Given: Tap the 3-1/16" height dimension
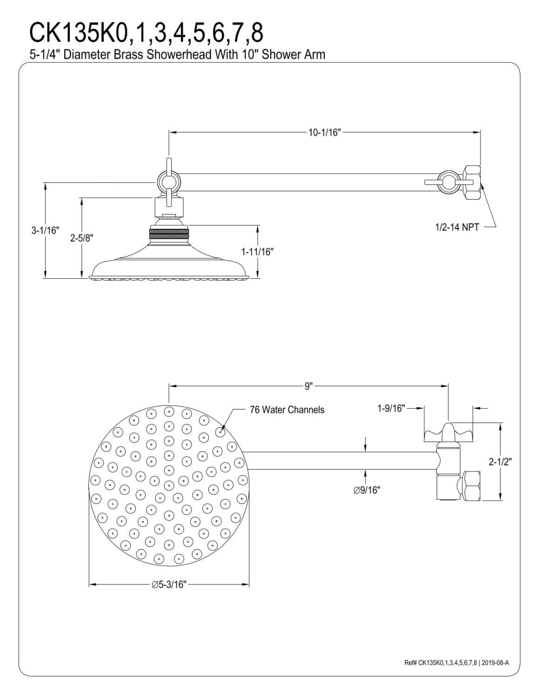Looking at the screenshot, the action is [46, 230].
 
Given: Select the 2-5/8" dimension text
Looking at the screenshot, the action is [82, 238].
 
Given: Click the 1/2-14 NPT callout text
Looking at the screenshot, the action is [457, 227].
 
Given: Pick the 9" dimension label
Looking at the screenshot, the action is [308, 386].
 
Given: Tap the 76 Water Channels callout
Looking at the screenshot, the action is [287, 409].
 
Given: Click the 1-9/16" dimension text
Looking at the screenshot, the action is [391, 408].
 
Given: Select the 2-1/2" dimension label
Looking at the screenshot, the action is [500, 462].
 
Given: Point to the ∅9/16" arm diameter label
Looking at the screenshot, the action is [367, 490].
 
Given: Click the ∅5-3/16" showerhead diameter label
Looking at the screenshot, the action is [169, 584].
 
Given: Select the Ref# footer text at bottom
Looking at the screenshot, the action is [457, 663].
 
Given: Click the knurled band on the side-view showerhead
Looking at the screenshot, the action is [169, 236].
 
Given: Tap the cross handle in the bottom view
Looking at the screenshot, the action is [448, 433].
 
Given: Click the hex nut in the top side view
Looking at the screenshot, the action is [472, 182].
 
